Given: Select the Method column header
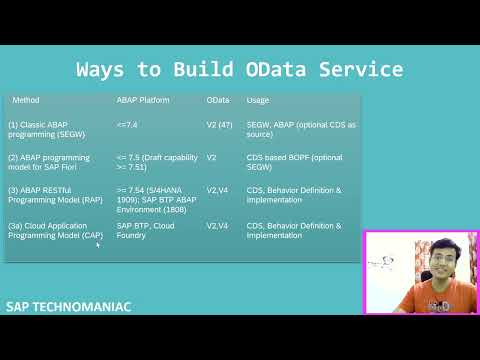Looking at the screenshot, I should point(26,101).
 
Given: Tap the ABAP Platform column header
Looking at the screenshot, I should point(143,101).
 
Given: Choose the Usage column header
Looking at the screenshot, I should point(257,101).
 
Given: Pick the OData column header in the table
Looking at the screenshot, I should point(218,101).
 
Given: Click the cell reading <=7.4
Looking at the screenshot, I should point(127,125).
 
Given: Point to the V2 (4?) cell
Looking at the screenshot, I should point(220,125).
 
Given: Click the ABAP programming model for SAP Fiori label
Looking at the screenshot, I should point(49,162).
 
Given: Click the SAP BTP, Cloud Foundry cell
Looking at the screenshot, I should point(146,230).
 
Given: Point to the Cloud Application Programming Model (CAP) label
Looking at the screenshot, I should point(54,230).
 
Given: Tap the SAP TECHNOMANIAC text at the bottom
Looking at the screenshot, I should point(68,306).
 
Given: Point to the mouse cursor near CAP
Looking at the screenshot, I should point(98,244).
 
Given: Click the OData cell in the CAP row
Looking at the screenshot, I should point(217,226).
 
